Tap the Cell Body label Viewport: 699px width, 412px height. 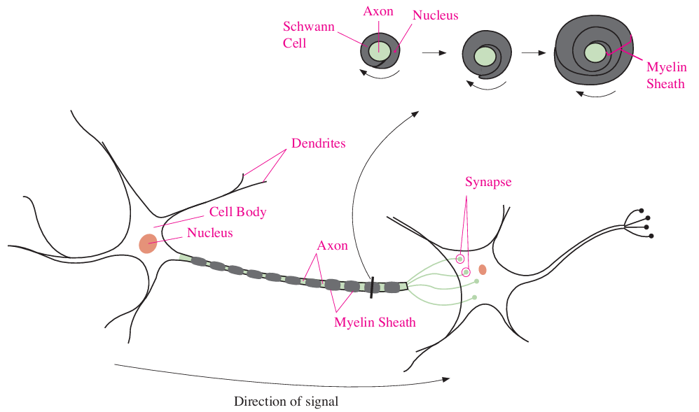(x=237, y=212)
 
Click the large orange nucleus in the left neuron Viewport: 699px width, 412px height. (x=148, y=243)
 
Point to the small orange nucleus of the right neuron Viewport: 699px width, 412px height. (x=483, y=269)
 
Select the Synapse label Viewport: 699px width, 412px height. (x=488, y=182)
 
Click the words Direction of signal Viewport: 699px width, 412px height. (x=286, y=402)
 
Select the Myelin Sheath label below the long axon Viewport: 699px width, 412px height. (x=375, y=322)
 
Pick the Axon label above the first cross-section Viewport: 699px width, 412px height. (x=378, y=11)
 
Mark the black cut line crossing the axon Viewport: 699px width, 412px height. (x=372, y=286)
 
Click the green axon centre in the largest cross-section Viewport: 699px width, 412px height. (x=595, y=52)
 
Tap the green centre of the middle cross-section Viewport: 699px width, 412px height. (x=484, y=55)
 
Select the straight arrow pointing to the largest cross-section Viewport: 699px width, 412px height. (x=534, y=52)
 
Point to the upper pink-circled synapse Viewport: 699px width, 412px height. (x=460, y=259)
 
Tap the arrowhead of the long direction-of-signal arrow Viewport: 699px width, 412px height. (x=446, y=379)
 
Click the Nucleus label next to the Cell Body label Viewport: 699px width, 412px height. (x=209, y=232)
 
